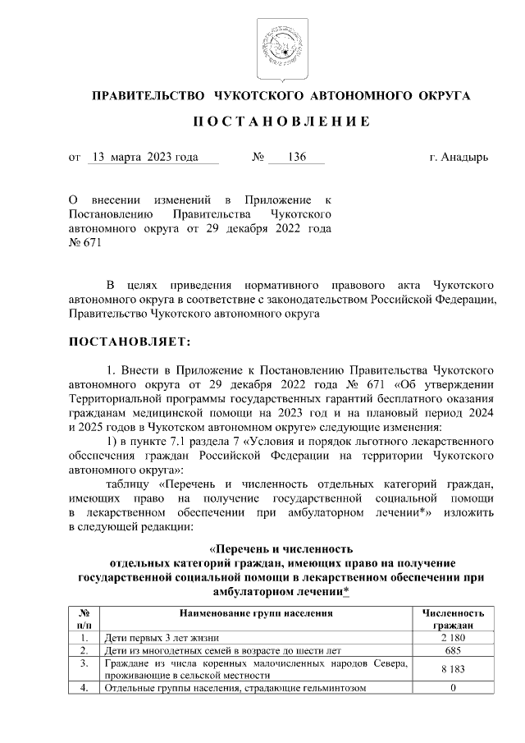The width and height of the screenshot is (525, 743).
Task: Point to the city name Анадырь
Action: coord(465,157)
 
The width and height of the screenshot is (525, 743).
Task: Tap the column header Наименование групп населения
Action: coord(254,613)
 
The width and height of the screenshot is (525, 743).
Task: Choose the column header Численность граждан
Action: coord(453,619)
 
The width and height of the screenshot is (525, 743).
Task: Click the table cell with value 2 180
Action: coord(453,638)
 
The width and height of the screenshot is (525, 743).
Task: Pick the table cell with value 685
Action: coord(453,650)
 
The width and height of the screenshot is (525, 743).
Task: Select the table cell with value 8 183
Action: coord(453,669)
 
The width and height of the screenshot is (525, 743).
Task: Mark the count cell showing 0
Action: coord(453,688)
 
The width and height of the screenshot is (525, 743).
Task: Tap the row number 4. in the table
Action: coord(83,688)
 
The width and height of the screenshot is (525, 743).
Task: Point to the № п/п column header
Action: coord(83,619)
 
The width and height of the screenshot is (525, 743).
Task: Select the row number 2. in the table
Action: coord(83,650)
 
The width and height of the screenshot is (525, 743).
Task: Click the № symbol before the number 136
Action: coord(256,157)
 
